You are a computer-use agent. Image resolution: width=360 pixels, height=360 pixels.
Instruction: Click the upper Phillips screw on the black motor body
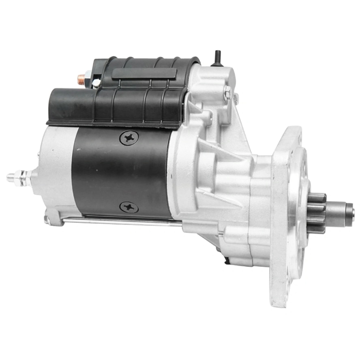pos(129,139)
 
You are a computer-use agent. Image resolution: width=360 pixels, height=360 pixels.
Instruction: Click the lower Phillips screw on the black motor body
pos(129,207)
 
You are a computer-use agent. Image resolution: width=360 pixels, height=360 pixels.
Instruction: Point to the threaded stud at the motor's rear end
pos(12,177)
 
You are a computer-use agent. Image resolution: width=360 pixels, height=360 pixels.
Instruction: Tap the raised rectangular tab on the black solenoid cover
pos(144,73)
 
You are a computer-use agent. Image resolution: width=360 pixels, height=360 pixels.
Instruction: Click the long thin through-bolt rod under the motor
pos(122,221)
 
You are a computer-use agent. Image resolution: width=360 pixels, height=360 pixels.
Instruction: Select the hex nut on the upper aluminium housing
pos(227,93)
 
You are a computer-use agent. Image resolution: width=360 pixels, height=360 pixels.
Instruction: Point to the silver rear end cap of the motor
pos(55,170)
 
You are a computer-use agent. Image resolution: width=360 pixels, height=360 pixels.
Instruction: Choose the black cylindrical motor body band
pos(122,174)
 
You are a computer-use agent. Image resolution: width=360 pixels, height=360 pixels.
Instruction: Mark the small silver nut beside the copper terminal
pos(96,83)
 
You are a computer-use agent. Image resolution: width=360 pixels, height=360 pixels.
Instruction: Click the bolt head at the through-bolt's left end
pos(48,220)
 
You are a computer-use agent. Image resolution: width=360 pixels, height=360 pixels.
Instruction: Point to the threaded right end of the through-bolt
pos(221,233)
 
